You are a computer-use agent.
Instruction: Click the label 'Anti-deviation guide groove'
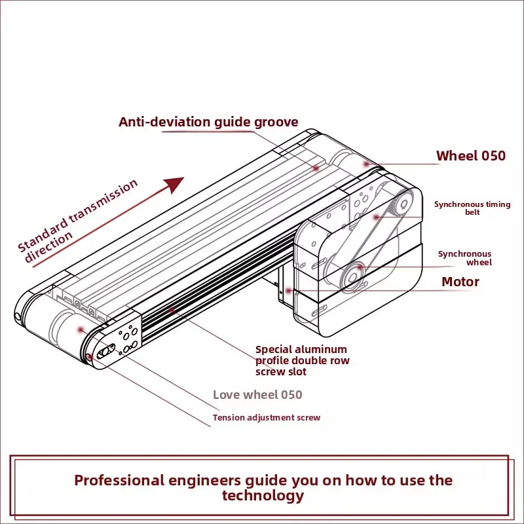208,122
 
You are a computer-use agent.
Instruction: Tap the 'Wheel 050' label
471,156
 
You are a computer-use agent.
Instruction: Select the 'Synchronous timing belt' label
472,208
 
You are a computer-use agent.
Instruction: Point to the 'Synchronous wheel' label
465,258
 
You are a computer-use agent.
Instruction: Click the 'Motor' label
460,282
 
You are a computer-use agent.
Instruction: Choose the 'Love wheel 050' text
257,395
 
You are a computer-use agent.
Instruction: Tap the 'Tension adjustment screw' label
267,417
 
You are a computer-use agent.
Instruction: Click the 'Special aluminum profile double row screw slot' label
303,361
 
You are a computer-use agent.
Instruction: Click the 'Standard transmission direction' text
77,221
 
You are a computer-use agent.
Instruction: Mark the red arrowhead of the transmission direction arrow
175,184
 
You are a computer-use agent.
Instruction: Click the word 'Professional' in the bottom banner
119,480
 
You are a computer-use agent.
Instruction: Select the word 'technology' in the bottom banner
263,496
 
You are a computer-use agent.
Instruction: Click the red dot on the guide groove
316,168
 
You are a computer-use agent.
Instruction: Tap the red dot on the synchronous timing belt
376,217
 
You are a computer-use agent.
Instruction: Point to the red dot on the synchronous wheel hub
359,267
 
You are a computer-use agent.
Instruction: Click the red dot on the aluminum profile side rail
172,310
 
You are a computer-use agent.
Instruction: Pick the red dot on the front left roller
81,330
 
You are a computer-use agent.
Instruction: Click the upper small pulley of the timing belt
403,204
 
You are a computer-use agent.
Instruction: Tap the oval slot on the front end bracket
105,351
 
